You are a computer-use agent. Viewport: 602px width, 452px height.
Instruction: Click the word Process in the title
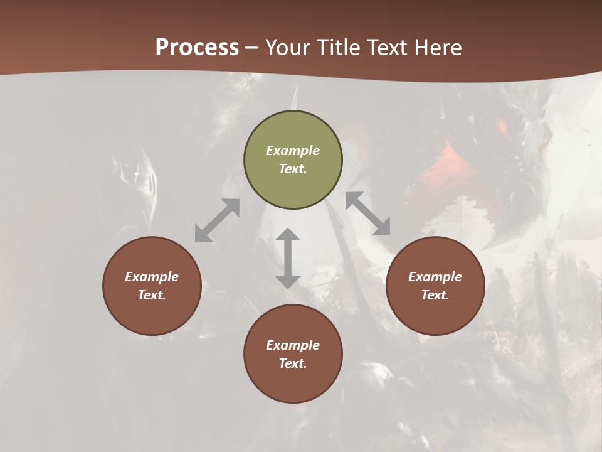(197, 48)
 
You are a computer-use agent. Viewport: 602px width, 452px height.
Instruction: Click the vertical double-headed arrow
(288, 258)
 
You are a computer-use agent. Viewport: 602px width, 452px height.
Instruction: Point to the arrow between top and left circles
(217, 220)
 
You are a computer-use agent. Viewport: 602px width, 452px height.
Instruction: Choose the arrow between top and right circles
(368, 213)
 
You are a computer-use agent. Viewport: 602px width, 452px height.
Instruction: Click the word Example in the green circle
(293, 151)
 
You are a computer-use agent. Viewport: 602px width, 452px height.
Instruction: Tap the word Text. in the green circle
(293, 169)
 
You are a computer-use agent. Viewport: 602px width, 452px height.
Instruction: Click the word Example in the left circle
(152, 277)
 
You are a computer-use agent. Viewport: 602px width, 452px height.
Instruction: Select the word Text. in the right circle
(435, 295)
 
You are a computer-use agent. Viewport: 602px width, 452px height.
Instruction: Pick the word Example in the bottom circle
(293, 345)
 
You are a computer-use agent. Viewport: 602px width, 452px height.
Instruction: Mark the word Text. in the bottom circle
(293, 363)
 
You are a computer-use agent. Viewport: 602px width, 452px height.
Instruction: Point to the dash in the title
(251, 48)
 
